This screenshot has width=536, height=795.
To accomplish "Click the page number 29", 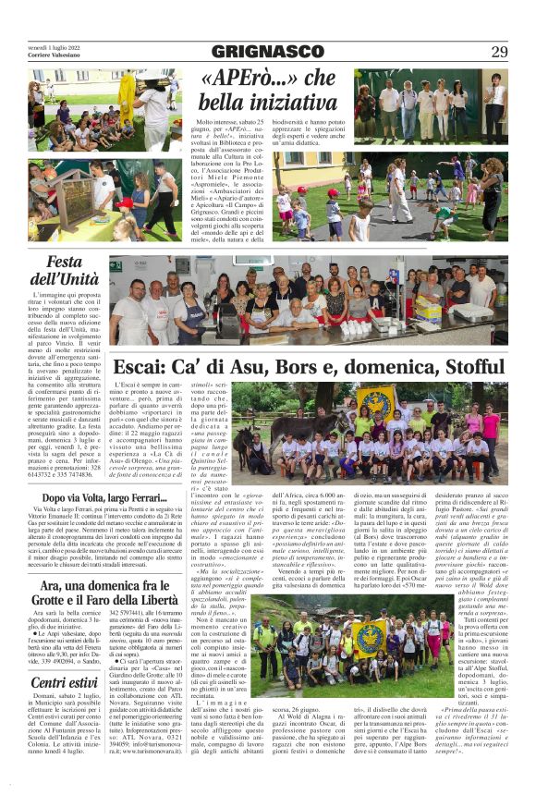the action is click(x=498, y=52).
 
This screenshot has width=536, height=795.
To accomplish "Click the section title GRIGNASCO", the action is click(x=267, y=52).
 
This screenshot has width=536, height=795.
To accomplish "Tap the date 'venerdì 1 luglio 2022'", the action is click(x=54, y=47).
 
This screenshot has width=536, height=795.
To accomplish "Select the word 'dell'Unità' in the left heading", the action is click(x=65, y=279).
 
